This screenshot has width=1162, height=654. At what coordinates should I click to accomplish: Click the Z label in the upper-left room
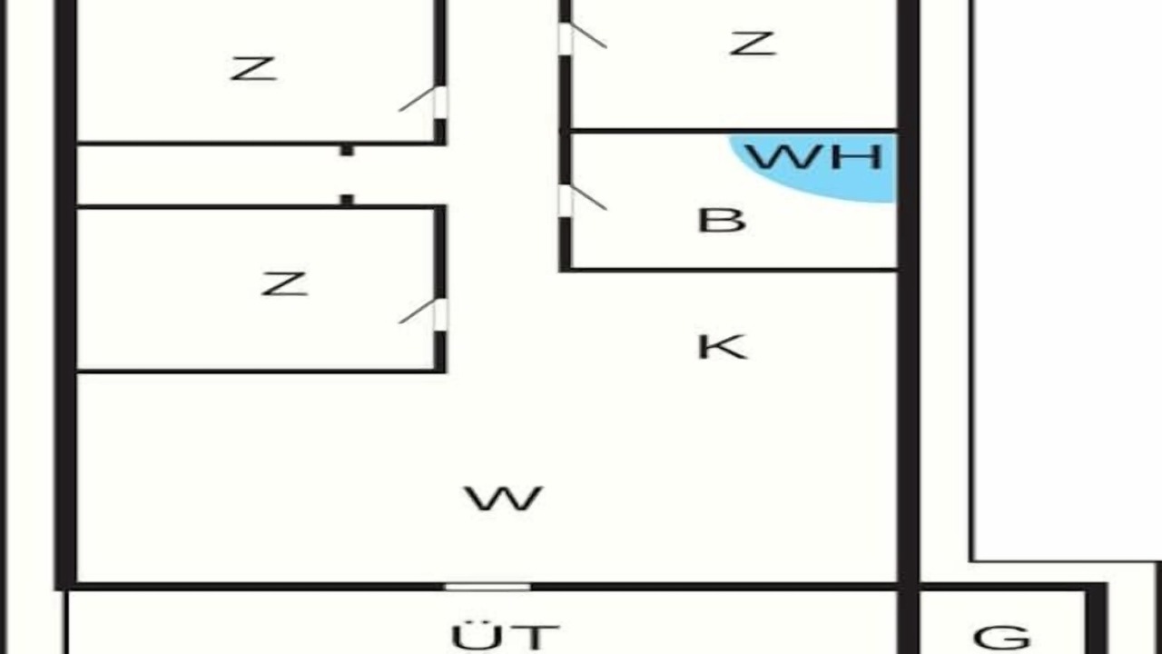[x=253, y=69]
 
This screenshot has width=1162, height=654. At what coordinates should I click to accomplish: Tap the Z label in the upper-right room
[x=753, y=44]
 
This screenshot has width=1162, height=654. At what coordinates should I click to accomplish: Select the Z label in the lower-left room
[x=284, y=284]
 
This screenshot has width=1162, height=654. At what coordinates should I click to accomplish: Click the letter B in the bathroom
[x=722, y=220]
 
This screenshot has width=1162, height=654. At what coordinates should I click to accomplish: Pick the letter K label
[x=723, y=347]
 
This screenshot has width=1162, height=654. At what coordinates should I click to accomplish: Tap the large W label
[x=503, y=499]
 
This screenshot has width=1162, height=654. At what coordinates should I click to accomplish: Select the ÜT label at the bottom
[x=506, y=637]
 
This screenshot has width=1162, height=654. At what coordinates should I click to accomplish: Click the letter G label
[x=1001, y=637]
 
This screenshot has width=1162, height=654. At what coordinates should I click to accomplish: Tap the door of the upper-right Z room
[x=582, y=35]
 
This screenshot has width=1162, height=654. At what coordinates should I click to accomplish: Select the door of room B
[x=582, y=198]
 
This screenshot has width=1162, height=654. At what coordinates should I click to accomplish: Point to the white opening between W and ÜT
[x=487, y=587]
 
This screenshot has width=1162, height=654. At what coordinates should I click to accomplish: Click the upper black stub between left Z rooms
[x=347, y=151]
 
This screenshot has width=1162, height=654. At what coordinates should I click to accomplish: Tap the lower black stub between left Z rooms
[x=347, y=199]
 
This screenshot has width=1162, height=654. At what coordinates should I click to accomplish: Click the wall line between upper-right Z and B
[x=734, y=130]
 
